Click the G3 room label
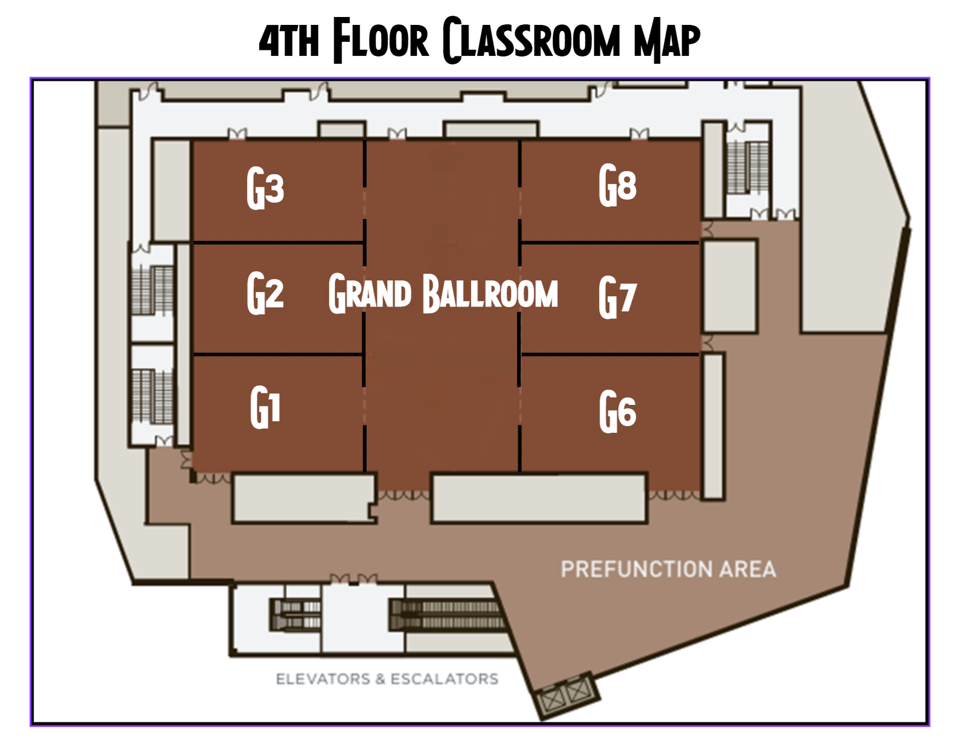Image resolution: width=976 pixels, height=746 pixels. click(x=265, y=188)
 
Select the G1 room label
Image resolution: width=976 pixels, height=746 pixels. click(x=265, y=407)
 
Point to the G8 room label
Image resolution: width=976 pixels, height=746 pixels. click(x=617, y=185)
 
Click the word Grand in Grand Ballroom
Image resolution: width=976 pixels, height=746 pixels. click(x=370, y=294)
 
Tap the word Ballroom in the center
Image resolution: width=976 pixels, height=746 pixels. click(x=490, y=294)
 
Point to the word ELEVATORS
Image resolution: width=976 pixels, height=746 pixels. click(x=323, y=679)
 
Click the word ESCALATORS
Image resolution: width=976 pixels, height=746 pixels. click(x=444, y=679)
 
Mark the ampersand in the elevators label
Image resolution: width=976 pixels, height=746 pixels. click(x=380, y=679)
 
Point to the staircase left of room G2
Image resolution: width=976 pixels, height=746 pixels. click(x=152, y=290)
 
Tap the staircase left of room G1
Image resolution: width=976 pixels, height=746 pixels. click(x=152, y=396)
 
